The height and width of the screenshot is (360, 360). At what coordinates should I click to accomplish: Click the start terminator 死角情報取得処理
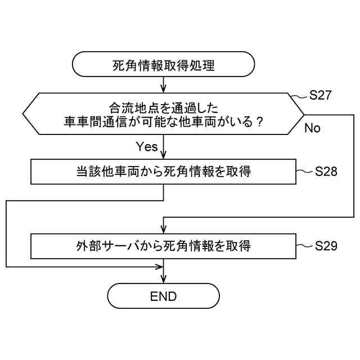point(163,65)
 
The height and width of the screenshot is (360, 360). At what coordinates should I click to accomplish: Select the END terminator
point(163,296)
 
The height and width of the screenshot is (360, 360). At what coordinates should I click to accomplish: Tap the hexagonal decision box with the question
point(163,114)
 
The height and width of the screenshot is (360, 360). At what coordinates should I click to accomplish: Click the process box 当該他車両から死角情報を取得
point(163,172)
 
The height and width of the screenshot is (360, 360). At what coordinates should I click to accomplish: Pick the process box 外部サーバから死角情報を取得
point(163,246)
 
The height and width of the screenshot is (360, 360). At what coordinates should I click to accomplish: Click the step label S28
point(326,172)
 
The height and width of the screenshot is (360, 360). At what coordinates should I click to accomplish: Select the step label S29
point(326,246)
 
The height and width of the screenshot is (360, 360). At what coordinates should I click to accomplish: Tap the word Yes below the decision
point(147,147)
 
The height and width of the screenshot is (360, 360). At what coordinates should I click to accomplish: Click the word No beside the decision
point(312,128)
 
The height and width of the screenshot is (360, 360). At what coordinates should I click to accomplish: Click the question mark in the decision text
point(259,121)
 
